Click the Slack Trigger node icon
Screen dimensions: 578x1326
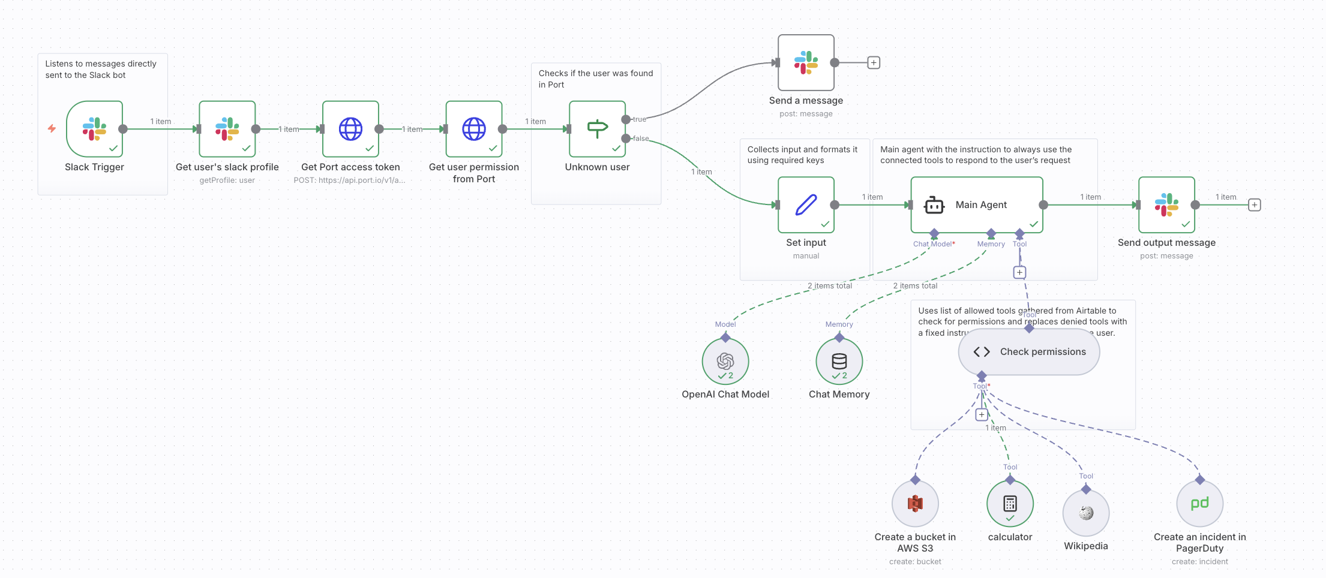[x=94, y=129]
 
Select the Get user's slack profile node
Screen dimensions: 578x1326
[x=227, y=129]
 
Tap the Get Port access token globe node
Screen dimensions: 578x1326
[x=350, y=129]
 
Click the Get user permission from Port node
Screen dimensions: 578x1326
[x=474, y=129]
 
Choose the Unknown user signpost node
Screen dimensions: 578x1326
[x=598, y=129]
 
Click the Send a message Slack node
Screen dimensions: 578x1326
[x=806, y=62]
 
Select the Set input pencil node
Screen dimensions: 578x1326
[x=806, y=204]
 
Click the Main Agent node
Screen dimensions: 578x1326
[x=976, y=204]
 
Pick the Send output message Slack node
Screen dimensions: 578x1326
[x=1166, y=204]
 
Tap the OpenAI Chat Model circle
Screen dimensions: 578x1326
[x=725, y=361]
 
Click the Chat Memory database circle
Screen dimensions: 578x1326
[x=839, y=361]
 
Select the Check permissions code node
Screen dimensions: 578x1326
[x=1029, y=352]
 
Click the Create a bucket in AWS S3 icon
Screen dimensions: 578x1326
[x=915, y=504]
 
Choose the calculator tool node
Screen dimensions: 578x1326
[x=1010, y=504]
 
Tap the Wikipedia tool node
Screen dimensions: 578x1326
[x=1086, y=513]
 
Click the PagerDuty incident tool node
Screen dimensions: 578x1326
[x=1199, y=504]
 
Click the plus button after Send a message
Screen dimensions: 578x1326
[x=874, y=62]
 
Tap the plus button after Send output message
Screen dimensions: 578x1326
[x=1255, y=204]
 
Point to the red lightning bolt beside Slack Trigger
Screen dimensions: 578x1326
[x=52, y=128]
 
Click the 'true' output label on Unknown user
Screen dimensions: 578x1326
[x=640, y=119]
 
